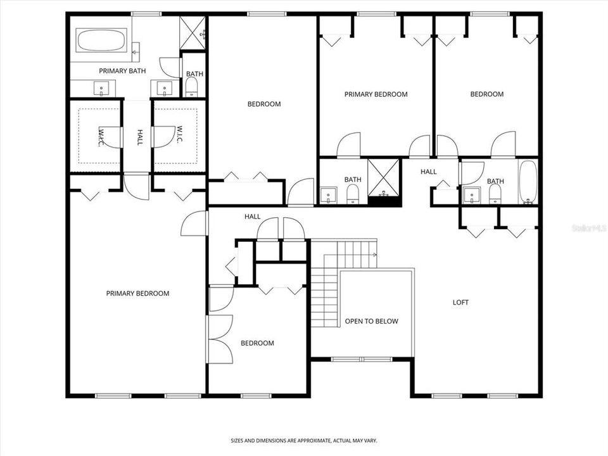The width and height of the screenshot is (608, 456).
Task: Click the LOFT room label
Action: [460, 303]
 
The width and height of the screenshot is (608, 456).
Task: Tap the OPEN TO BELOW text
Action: [371, 321]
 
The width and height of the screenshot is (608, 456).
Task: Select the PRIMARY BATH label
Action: [122, 71]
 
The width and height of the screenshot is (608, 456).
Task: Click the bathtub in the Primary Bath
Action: [102, 42]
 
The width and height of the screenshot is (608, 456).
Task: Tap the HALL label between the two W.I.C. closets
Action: [139, 137]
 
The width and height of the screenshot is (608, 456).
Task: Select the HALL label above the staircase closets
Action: [252, 217]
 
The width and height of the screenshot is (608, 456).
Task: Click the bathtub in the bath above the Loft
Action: [528, 182]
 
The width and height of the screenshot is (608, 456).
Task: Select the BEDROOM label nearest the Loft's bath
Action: [486, 94]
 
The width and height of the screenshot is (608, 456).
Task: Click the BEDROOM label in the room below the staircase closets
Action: [257, 343]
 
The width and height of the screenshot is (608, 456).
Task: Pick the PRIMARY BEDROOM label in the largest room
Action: [137, 293]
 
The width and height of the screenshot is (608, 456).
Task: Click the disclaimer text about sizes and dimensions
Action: [303, 440]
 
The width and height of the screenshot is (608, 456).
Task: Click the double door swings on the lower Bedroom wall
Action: [218, 338]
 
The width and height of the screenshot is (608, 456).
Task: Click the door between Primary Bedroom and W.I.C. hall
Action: [137, 187]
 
